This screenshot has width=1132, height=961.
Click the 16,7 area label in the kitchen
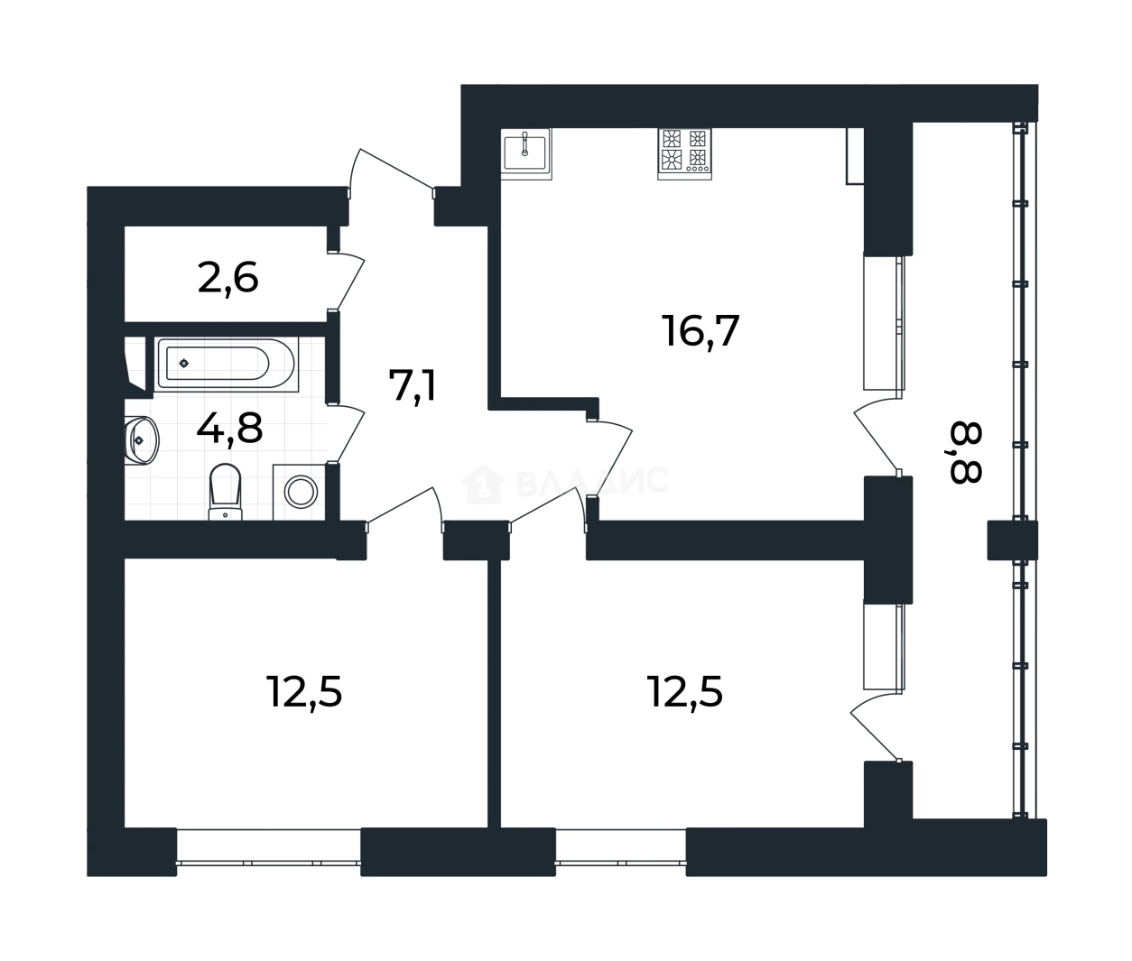coord(701,331)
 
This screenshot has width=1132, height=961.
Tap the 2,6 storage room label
coord(227,279)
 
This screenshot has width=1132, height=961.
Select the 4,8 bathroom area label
coord(229,429)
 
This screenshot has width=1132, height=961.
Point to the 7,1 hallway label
coord(413,386)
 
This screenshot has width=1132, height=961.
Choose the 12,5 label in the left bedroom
coord(304,692)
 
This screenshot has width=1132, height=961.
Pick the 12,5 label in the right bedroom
coord(685,691)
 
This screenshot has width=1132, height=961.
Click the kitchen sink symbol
coord(525,154)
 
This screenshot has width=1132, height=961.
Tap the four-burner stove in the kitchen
coord(684,154)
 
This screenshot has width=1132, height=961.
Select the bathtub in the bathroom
coord(227,365)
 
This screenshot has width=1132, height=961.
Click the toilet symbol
coord(225,492)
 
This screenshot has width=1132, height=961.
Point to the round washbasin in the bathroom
coord(142,440)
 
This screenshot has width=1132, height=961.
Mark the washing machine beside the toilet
coord(300,492)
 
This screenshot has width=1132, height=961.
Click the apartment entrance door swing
coord(392,172)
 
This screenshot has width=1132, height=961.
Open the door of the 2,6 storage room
coord(348,281)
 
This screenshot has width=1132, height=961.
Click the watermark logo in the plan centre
coord(565,484)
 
